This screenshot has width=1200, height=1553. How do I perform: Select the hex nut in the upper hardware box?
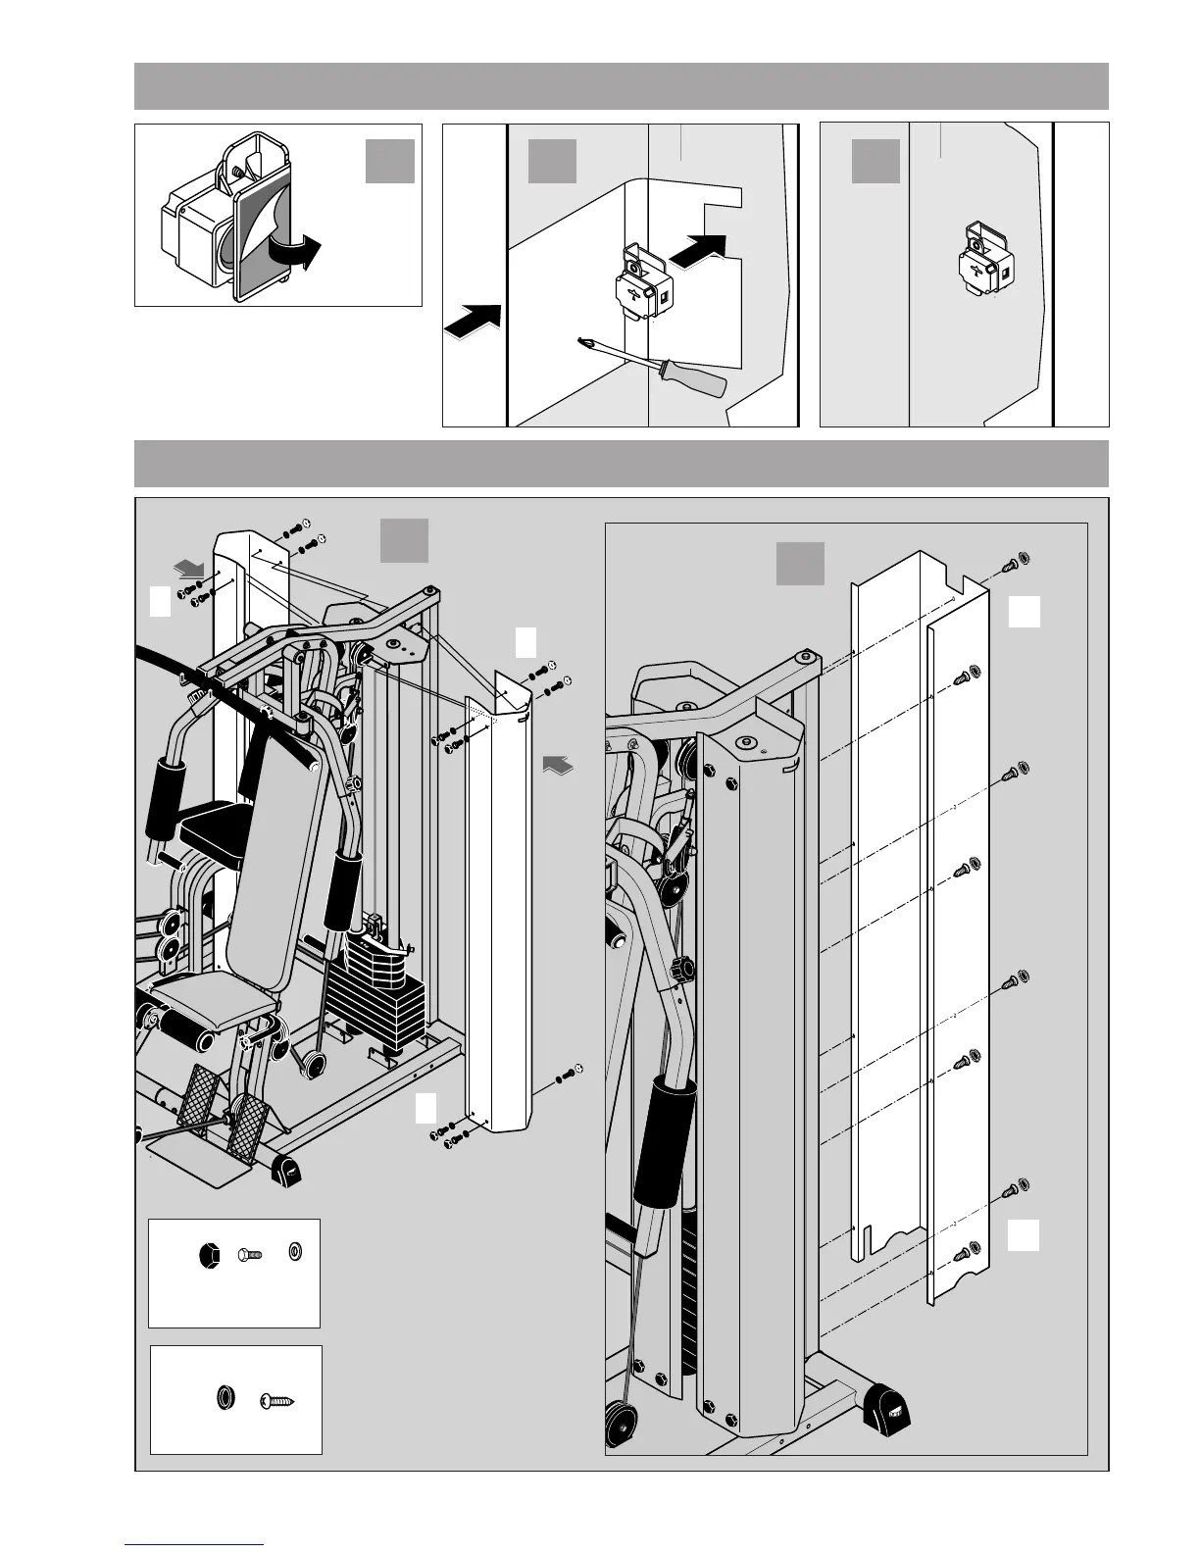208,1254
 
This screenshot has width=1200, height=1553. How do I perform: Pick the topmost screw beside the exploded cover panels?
1015,562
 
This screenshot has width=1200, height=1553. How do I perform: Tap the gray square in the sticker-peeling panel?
390,162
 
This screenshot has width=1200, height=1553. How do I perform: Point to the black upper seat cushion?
213,820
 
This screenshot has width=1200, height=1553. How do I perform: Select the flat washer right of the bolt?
293,1252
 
